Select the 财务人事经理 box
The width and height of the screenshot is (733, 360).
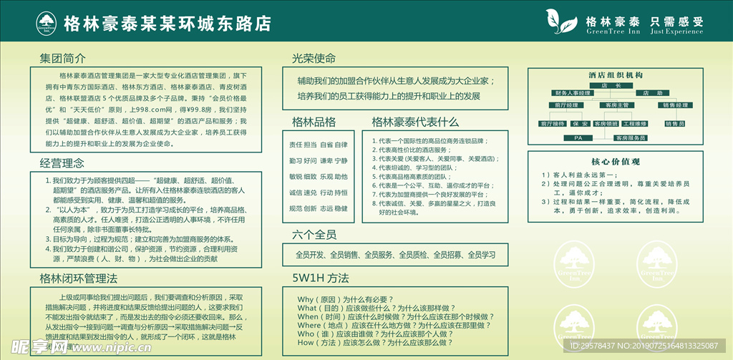[x=572, y=93]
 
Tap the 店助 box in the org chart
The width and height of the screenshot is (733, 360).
[x=648, y=93]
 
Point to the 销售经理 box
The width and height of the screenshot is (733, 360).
[x=674, y=105]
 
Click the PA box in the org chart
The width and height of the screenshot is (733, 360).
[x=578, y=137]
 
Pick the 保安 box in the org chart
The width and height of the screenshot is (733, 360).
[x=580, y=124]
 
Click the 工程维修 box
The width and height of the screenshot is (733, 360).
[x=634, y=124]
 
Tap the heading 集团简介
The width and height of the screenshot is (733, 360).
[x=63, y=58]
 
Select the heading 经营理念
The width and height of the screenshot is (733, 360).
[x=62, y=164]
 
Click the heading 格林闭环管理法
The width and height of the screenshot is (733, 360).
[x=79, y=278]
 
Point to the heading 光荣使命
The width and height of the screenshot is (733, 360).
[x=314, y=58]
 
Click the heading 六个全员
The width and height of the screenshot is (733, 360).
[x=314, y=235]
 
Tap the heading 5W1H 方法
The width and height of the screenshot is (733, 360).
[x=320, y=278]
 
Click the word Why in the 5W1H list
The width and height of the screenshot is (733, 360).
[x=306, y=299]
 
